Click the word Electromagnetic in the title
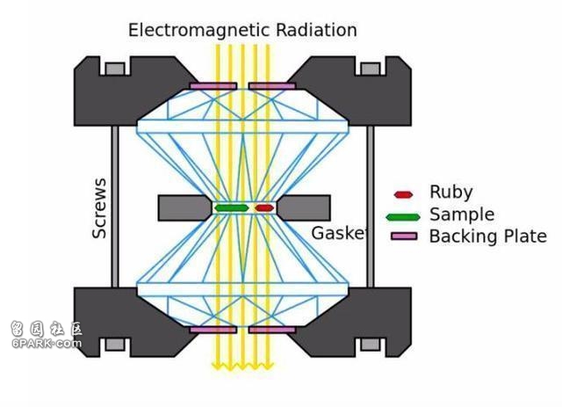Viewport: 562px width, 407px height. point(194,30)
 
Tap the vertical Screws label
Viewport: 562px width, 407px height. point(99,208)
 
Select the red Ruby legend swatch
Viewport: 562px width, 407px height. point(404,194)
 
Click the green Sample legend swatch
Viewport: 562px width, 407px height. point(404,216)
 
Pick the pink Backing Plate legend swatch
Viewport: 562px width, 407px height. point(404,236)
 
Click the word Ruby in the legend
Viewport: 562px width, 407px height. point(451,193)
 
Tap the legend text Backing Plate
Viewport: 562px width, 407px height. point(487,236)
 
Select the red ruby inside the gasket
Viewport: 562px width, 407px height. point(264,208)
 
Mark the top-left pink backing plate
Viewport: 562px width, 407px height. point(213,86)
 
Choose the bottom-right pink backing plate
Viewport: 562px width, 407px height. point(272,330)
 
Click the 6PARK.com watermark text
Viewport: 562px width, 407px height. point(46,344)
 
